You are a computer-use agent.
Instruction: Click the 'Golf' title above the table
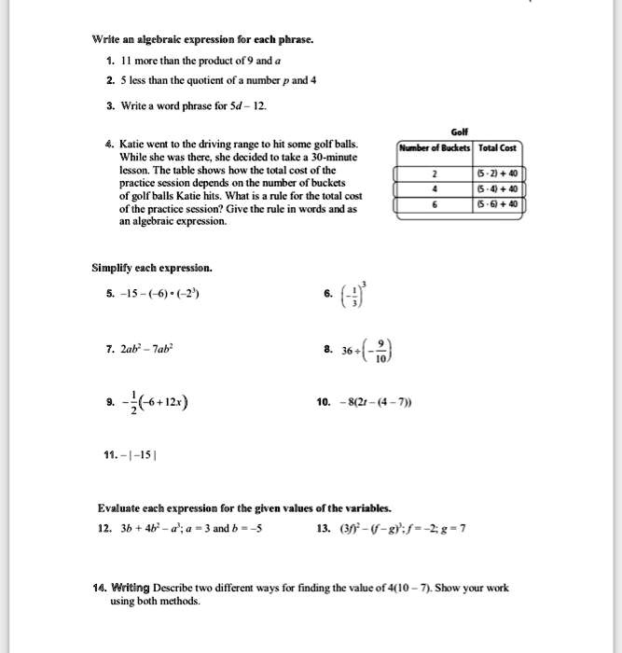coord(459,132)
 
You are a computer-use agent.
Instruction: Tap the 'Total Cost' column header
coord(499,148)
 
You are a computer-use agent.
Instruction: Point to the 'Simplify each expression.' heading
coord(152,268)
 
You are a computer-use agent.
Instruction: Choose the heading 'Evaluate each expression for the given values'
coord(244,508)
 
